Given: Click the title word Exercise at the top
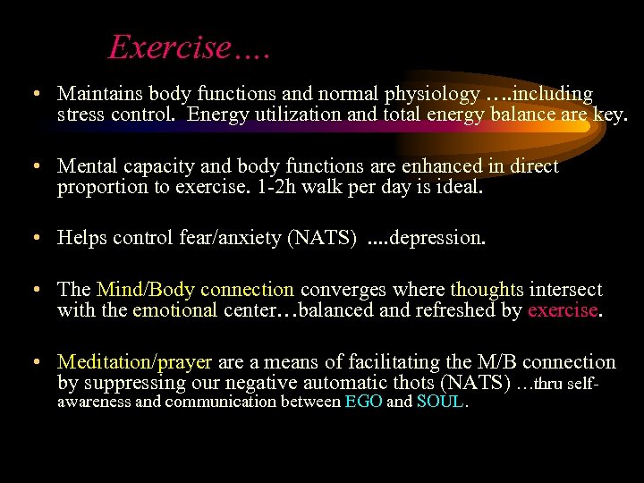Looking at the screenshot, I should (169, 47).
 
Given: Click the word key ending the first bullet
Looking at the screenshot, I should (610, 114).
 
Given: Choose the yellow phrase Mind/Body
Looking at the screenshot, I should (146, 290).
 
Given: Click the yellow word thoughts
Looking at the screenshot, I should (487, 290).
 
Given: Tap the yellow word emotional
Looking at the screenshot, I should (174, 310).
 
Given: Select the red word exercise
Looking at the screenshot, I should (562, 310).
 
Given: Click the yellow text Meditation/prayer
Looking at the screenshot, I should (134, 362).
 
